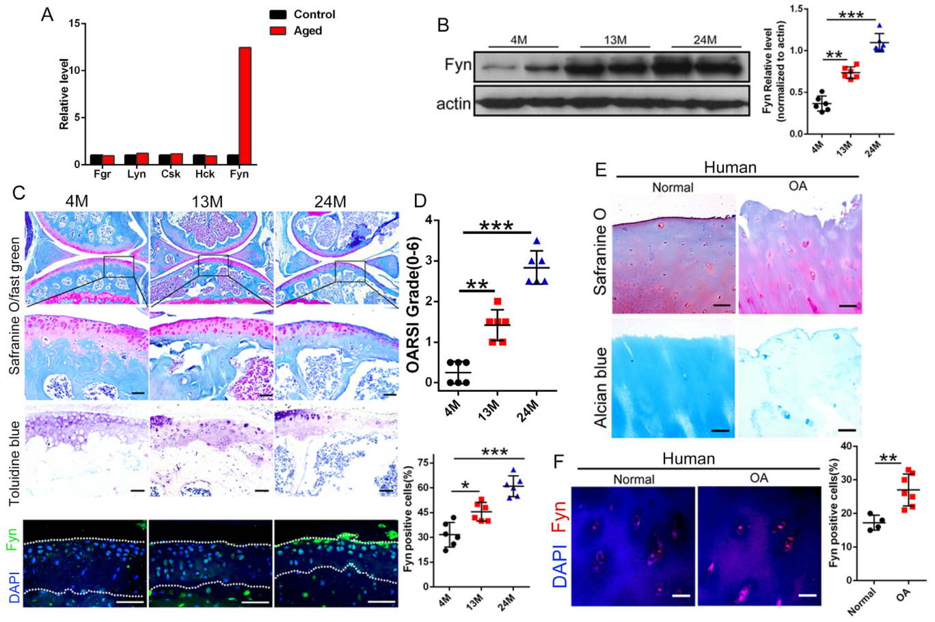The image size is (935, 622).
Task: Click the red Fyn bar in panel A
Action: pyautogui.click(x=245, y=106)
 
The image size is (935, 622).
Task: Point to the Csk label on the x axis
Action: pyautogui.click(x=171, y=174)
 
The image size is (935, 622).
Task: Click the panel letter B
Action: pyautogui.click(x=443, y=26)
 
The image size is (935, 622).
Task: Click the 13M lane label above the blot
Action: pyautogui.click(x=614, y=40)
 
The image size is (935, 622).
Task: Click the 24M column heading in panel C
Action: pyautogui.click(x=330, y=202)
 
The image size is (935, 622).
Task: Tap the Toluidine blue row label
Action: pyautogui.click(x=15, y=455)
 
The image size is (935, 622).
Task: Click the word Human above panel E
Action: pyautogui.click(x=730, y=167)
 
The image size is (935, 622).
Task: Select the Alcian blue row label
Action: pyautogui.click(x=601, y=388)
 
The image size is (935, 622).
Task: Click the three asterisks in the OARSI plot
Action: pyautogui.click(x=497, y=226)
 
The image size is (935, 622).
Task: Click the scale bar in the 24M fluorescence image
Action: pyautogui.click(x=385, y=602)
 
